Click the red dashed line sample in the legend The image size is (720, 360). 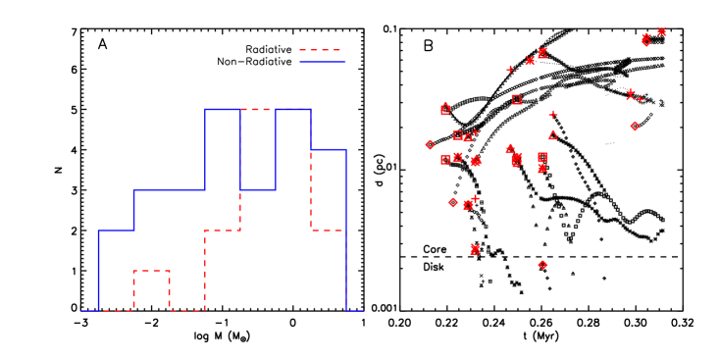pyautogui.click(x=321, y=50)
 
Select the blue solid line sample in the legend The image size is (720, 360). pyautogui.click(x=322, y=62)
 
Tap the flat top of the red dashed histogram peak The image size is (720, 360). pyautogui.click(x=257, y=109)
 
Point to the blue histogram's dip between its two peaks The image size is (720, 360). pyautogui.click(x=257, y=189)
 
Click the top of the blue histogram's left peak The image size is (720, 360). pyautogui.click(x=222, y=109)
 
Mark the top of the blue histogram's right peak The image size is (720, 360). pyautogui.click(x=292, y=109)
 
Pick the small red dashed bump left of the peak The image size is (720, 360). pyautogui.click(x=151, y=271)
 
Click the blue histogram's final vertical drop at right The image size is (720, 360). pyautogui.click(x=346, y=231)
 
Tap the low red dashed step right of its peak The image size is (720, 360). pyautogui.click(x=328, y=231)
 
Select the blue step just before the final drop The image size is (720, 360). pyautogui.click(x=328, y=149)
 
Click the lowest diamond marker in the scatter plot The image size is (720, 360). pyautogui.click(x=542, y=265)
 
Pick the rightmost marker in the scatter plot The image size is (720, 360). pyautogui.click(x=661, y=32)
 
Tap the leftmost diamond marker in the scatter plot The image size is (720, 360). pyautogui.click(x=430, y=144)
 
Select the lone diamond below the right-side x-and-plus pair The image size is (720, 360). pyautogui.click(x=635, y=126)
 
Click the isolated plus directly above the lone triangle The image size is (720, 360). pyautogui.click(x=553, y=115)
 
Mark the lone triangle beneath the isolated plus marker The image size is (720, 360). pyautogui.click(x=552, y=135)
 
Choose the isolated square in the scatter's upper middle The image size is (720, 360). pyautogui.click(x=516, y=99)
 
